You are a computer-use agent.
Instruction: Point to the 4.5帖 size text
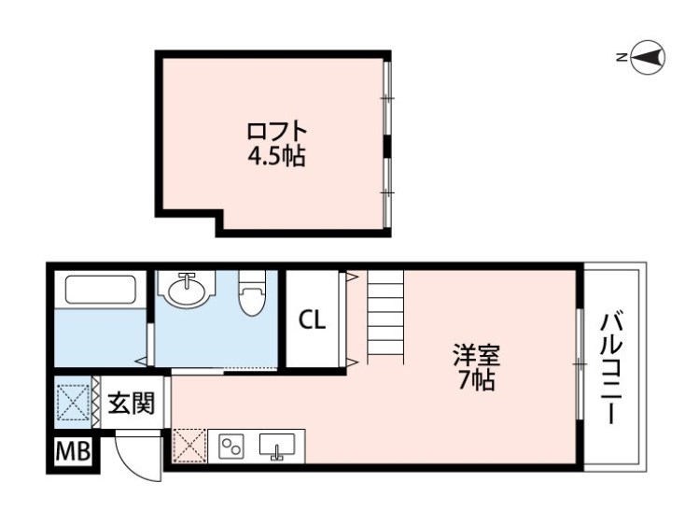coord(277,156)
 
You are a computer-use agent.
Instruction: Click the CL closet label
coord(312,319)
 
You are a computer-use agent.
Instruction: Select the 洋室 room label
coord(476,355)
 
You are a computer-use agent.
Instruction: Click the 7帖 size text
coord(476,380)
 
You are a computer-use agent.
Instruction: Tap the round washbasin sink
coord(189,291)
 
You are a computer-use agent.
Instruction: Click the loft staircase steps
coord(385,315)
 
